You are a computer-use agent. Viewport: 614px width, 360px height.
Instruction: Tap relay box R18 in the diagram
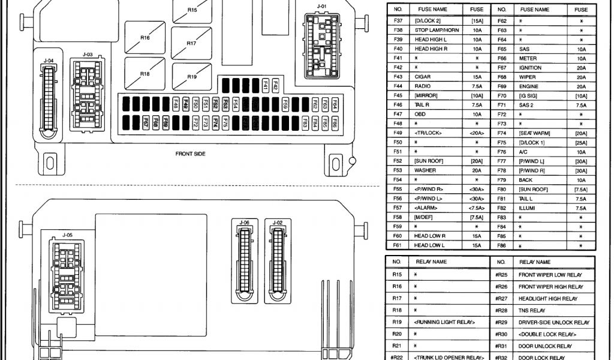pos(145,74)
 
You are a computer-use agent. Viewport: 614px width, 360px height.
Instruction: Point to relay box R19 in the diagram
pos(192,77)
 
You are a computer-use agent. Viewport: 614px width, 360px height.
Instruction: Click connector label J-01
pos(322,7)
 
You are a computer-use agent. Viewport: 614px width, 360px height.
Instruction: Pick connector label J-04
pos(49,60)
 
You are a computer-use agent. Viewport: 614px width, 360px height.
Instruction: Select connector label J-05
pos(67,235)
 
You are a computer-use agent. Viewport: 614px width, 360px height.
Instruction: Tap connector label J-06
pos(244,223)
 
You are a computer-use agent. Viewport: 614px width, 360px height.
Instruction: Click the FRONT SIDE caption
pos(191,154)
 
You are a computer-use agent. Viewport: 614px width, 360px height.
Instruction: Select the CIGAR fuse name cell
pos(422,77)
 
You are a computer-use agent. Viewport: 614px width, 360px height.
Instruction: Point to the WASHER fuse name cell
pos(425,170)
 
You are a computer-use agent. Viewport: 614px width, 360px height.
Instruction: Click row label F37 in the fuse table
pos(398,20)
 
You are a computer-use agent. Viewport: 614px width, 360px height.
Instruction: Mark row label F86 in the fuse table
pos(502,246)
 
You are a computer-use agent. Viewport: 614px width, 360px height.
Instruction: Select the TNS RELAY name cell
pos(532,311)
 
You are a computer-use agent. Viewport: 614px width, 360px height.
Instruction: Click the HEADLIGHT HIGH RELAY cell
pos(547,299)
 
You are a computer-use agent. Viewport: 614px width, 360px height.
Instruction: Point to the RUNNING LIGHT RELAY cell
pos(444,322)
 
